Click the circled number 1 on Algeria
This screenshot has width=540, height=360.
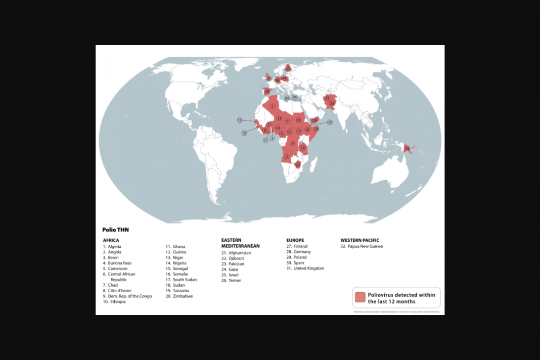click(273, 106)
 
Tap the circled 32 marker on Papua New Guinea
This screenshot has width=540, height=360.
click(407, 148)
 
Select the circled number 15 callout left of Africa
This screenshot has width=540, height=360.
click(240, 120)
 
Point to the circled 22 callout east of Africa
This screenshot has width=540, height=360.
click(330, 122)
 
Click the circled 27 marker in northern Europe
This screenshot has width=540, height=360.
click(288, 68)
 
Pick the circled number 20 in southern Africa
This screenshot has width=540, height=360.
click(298, 164)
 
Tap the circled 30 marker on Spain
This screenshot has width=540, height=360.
click(267, 92)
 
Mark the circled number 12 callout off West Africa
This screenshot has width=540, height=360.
click(244, 133)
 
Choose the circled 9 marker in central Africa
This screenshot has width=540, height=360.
click(293, 144)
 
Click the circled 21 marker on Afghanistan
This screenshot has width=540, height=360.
click(327, 98)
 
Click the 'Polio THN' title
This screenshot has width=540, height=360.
click(115, 230)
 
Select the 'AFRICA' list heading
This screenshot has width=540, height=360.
click(111, 240)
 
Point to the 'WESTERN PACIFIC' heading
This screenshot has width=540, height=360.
click(359, 240)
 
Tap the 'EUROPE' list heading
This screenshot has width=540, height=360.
click(295, 240)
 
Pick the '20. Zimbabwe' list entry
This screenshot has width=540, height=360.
click(179, 296)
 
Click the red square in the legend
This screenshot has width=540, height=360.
click(360, 297)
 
